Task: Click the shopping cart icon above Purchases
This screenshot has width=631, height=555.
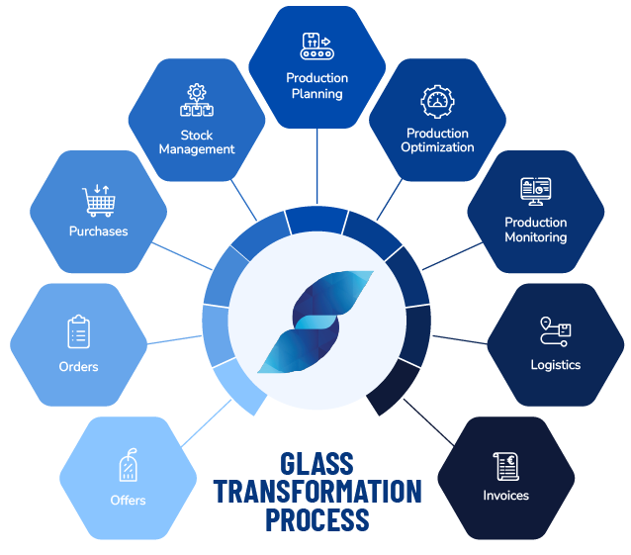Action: tap(98, 201)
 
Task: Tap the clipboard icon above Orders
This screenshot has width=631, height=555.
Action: tap(79, 331)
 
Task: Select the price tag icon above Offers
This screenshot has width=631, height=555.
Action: tap(128, 465)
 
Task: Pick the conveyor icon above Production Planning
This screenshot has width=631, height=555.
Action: tap(316, 46)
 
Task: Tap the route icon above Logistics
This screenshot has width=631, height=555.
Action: tap(555, 331)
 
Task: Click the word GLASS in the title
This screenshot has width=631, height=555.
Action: tap(316, 463)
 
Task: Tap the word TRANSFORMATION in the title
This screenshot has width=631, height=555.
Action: tap(316, 491)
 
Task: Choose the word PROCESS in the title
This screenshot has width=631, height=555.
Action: tap(316, 518)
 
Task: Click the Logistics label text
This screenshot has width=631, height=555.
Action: tap(555, 365)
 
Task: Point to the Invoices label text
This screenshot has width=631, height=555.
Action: tap(505, 495)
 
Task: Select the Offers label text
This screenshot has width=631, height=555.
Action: tap(128, 500)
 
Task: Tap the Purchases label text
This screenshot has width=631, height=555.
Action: tap(98, 231)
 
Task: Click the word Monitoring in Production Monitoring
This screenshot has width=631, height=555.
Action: tap(535, 237)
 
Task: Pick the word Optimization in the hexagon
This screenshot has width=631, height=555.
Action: tap(437, 147)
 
